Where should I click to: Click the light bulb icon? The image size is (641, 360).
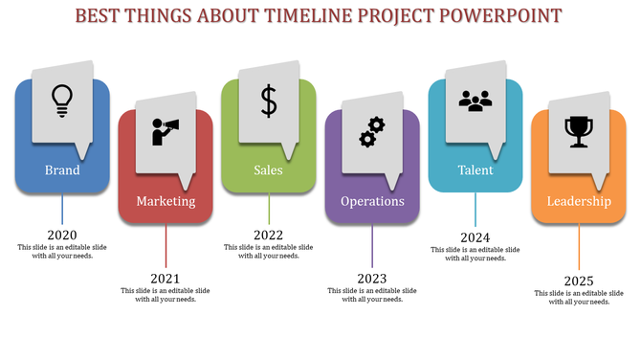coord(62,100)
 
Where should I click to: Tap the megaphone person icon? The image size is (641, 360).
coord(166,130)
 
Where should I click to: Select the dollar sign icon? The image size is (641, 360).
coord(269,100)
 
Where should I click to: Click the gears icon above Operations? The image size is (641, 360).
coord(371,131)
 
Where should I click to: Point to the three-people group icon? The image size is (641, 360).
coord(475,100)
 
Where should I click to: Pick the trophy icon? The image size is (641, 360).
coord(578,131)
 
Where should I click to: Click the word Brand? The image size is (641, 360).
coord(62,170)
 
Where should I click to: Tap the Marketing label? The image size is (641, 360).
coord(166,201)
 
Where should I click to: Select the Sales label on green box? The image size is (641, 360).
coord(269,170)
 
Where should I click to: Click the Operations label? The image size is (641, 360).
coord(372,201)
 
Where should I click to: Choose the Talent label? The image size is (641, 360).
coord(475,170)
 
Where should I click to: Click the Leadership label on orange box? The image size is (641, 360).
coord(579,201)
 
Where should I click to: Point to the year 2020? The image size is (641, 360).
coord(62,235)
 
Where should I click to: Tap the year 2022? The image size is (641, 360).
coord(269,235)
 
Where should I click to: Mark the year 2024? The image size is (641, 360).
coord(475,237)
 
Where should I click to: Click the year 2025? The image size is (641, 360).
coord(579,281)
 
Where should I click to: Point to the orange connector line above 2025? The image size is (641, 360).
coord(579,247)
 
